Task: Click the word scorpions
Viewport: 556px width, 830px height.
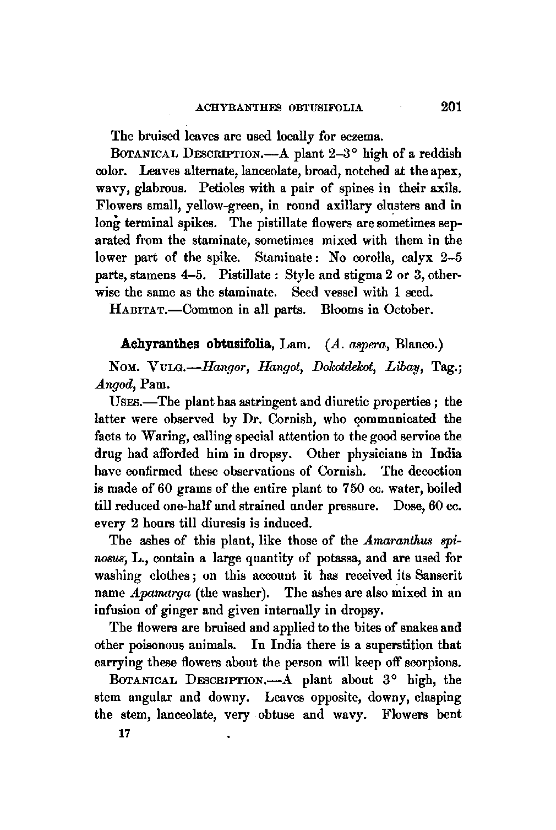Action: [433, 662]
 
